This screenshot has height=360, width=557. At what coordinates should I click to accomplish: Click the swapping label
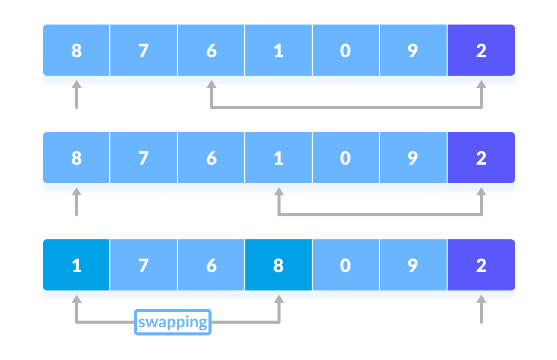[173, 322]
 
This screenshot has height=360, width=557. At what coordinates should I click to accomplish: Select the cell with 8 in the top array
[76, 51]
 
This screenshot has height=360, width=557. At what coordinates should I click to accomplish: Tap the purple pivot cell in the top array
[481, 51]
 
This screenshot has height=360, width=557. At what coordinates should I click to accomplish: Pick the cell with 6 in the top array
[211, 51]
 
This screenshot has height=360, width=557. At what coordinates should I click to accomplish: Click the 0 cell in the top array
[345, 51]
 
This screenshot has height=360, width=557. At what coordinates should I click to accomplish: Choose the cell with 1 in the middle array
[278, 158]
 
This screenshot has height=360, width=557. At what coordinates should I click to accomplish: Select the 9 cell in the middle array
[413, 158]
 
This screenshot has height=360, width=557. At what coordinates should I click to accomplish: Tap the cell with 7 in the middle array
[144, 158]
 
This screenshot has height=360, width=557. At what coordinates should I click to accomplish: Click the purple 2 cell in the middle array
[481, 158]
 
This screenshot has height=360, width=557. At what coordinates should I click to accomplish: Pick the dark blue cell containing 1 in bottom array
[76, 265]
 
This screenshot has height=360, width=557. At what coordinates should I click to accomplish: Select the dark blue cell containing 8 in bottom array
[278, 265]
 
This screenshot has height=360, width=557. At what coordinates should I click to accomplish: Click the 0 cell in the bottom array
[345, 265]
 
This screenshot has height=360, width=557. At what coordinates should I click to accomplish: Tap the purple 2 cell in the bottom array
[481, 265]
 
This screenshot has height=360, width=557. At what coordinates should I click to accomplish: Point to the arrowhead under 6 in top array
[211, 84]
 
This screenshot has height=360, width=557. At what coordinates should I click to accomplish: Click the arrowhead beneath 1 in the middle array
[278, 191]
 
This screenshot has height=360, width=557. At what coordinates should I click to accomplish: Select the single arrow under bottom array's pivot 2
[481, 309]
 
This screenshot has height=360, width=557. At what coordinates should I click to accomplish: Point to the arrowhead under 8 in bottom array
[279, 299]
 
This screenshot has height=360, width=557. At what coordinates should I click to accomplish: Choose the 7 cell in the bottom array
[144, 265]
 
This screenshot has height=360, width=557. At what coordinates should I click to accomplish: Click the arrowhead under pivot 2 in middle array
[481, 191]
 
